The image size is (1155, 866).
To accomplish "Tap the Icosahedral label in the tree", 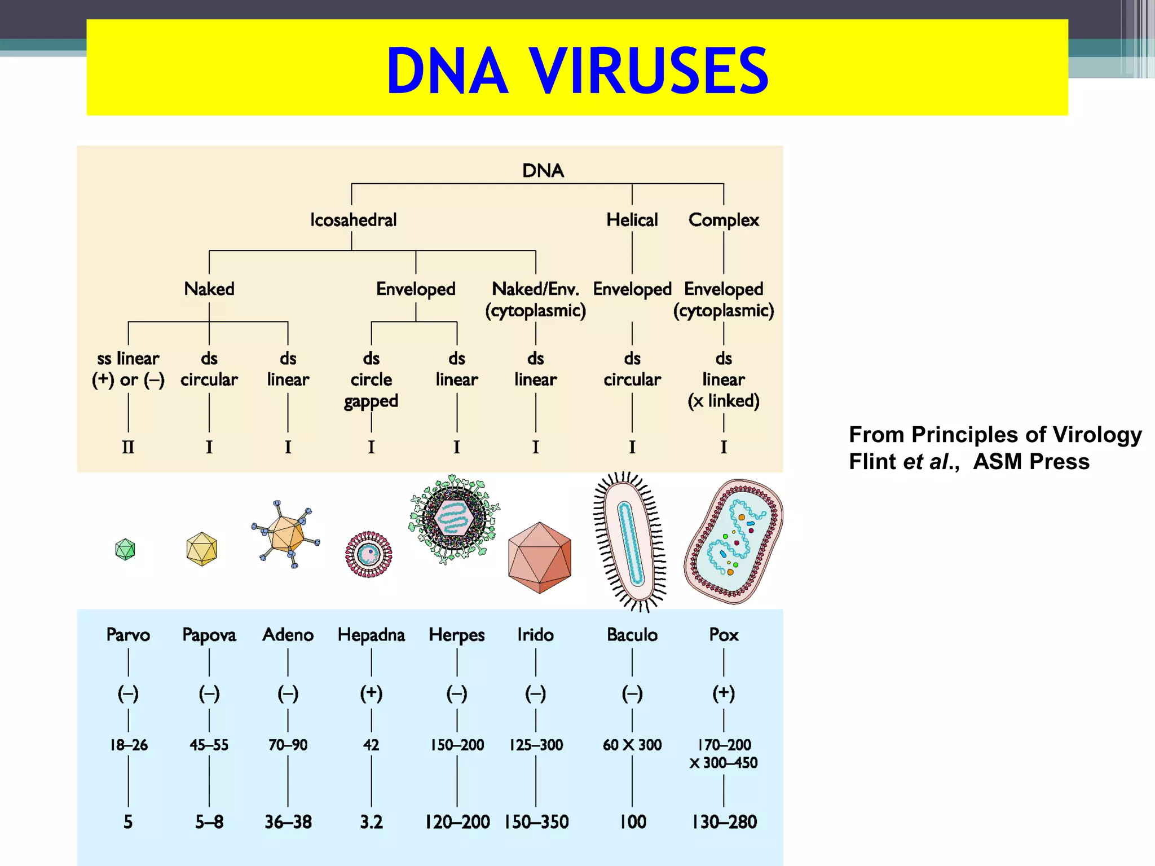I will (353, 219).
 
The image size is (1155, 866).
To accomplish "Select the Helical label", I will (632, 219).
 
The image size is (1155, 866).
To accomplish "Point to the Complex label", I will (724, 219).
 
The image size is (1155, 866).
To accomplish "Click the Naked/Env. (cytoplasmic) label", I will (535, 299).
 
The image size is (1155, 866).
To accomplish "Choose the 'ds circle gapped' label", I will (371, 379).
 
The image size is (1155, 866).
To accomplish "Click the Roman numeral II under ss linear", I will (128, 447).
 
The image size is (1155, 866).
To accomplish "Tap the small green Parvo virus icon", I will (125, 549).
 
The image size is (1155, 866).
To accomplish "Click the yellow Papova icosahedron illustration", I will (201, 549).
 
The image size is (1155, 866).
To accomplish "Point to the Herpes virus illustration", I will (454, 519).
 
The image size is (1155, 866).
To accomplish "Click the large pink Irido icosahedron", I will (539, 558).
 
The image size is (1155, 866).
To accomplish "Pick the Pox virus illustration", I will (733, 541).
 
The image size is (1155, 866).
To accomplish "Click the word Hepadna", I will (371, 635).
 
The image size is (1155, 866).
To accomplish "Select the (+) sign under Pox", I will (724, 693).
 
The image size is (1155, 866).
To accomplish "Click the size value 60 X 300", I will (632, 745).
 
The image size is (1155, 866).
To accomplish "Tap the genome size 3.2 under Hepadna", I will (371, 821).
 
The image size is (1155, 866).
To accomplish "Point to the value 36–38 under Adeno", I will (288, 821).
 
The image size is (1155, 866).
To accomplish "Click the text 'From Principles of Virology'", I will (995, 435).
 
